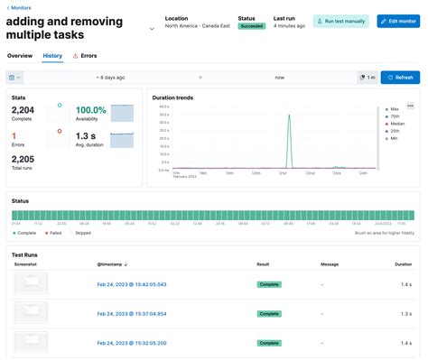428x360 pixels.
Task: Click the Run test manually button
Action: click(340, 22)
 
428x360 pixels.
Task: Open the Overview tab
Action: click(20, 56)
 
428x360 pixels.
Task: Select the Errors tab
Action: click(85, 56)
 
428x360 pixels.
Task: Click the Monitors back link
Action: click(20, 8)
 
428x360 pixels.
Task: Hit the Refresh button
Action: click(400, 78)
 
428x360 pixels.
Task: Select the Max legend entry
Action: click(396, 109)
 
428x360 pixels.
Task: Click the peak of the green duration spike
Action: click(288, 115)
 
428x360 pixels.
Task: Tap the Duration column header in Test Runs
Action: click(402, 264)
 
